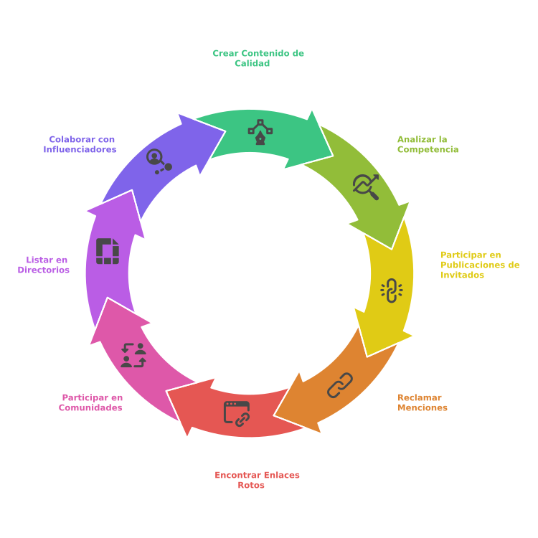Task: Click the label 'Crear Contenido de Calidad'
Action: [258, 58]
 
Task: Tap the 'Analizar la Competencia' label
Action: [428, 144]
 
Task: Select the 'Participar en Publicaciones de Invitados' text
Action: [479, 265]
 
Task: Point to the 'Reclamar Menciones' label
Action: [422, 402]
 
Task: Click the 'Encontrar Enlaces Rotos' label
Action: [257, 480]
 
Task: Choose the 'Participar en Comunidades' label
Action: [91, 402]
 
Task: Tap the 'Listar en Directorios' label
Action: [44, 265]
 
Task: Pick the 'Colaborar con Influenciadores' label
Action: [80, 144]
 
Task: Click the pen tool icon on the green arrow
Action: [260, 132]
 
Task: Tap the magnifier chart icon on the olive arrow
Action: [366, 186]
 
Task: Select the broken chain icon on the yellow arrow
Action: [391, 290]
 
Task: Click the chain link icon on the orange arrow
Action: [340, 385]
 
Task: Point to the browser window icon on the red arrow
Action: [237, 413]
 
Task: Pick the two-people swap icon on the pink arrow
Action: [133, 355]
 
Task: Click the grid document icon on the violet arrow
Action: [108, 251]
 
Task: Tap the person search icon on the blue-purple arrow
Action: [159, 161]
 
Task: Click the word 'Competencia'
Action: [428, 149]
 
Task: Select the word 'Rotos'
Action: [251, 485]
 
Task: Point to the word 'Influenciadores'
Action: [80, 149]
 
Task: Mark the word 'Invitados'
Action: [462, 275]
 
